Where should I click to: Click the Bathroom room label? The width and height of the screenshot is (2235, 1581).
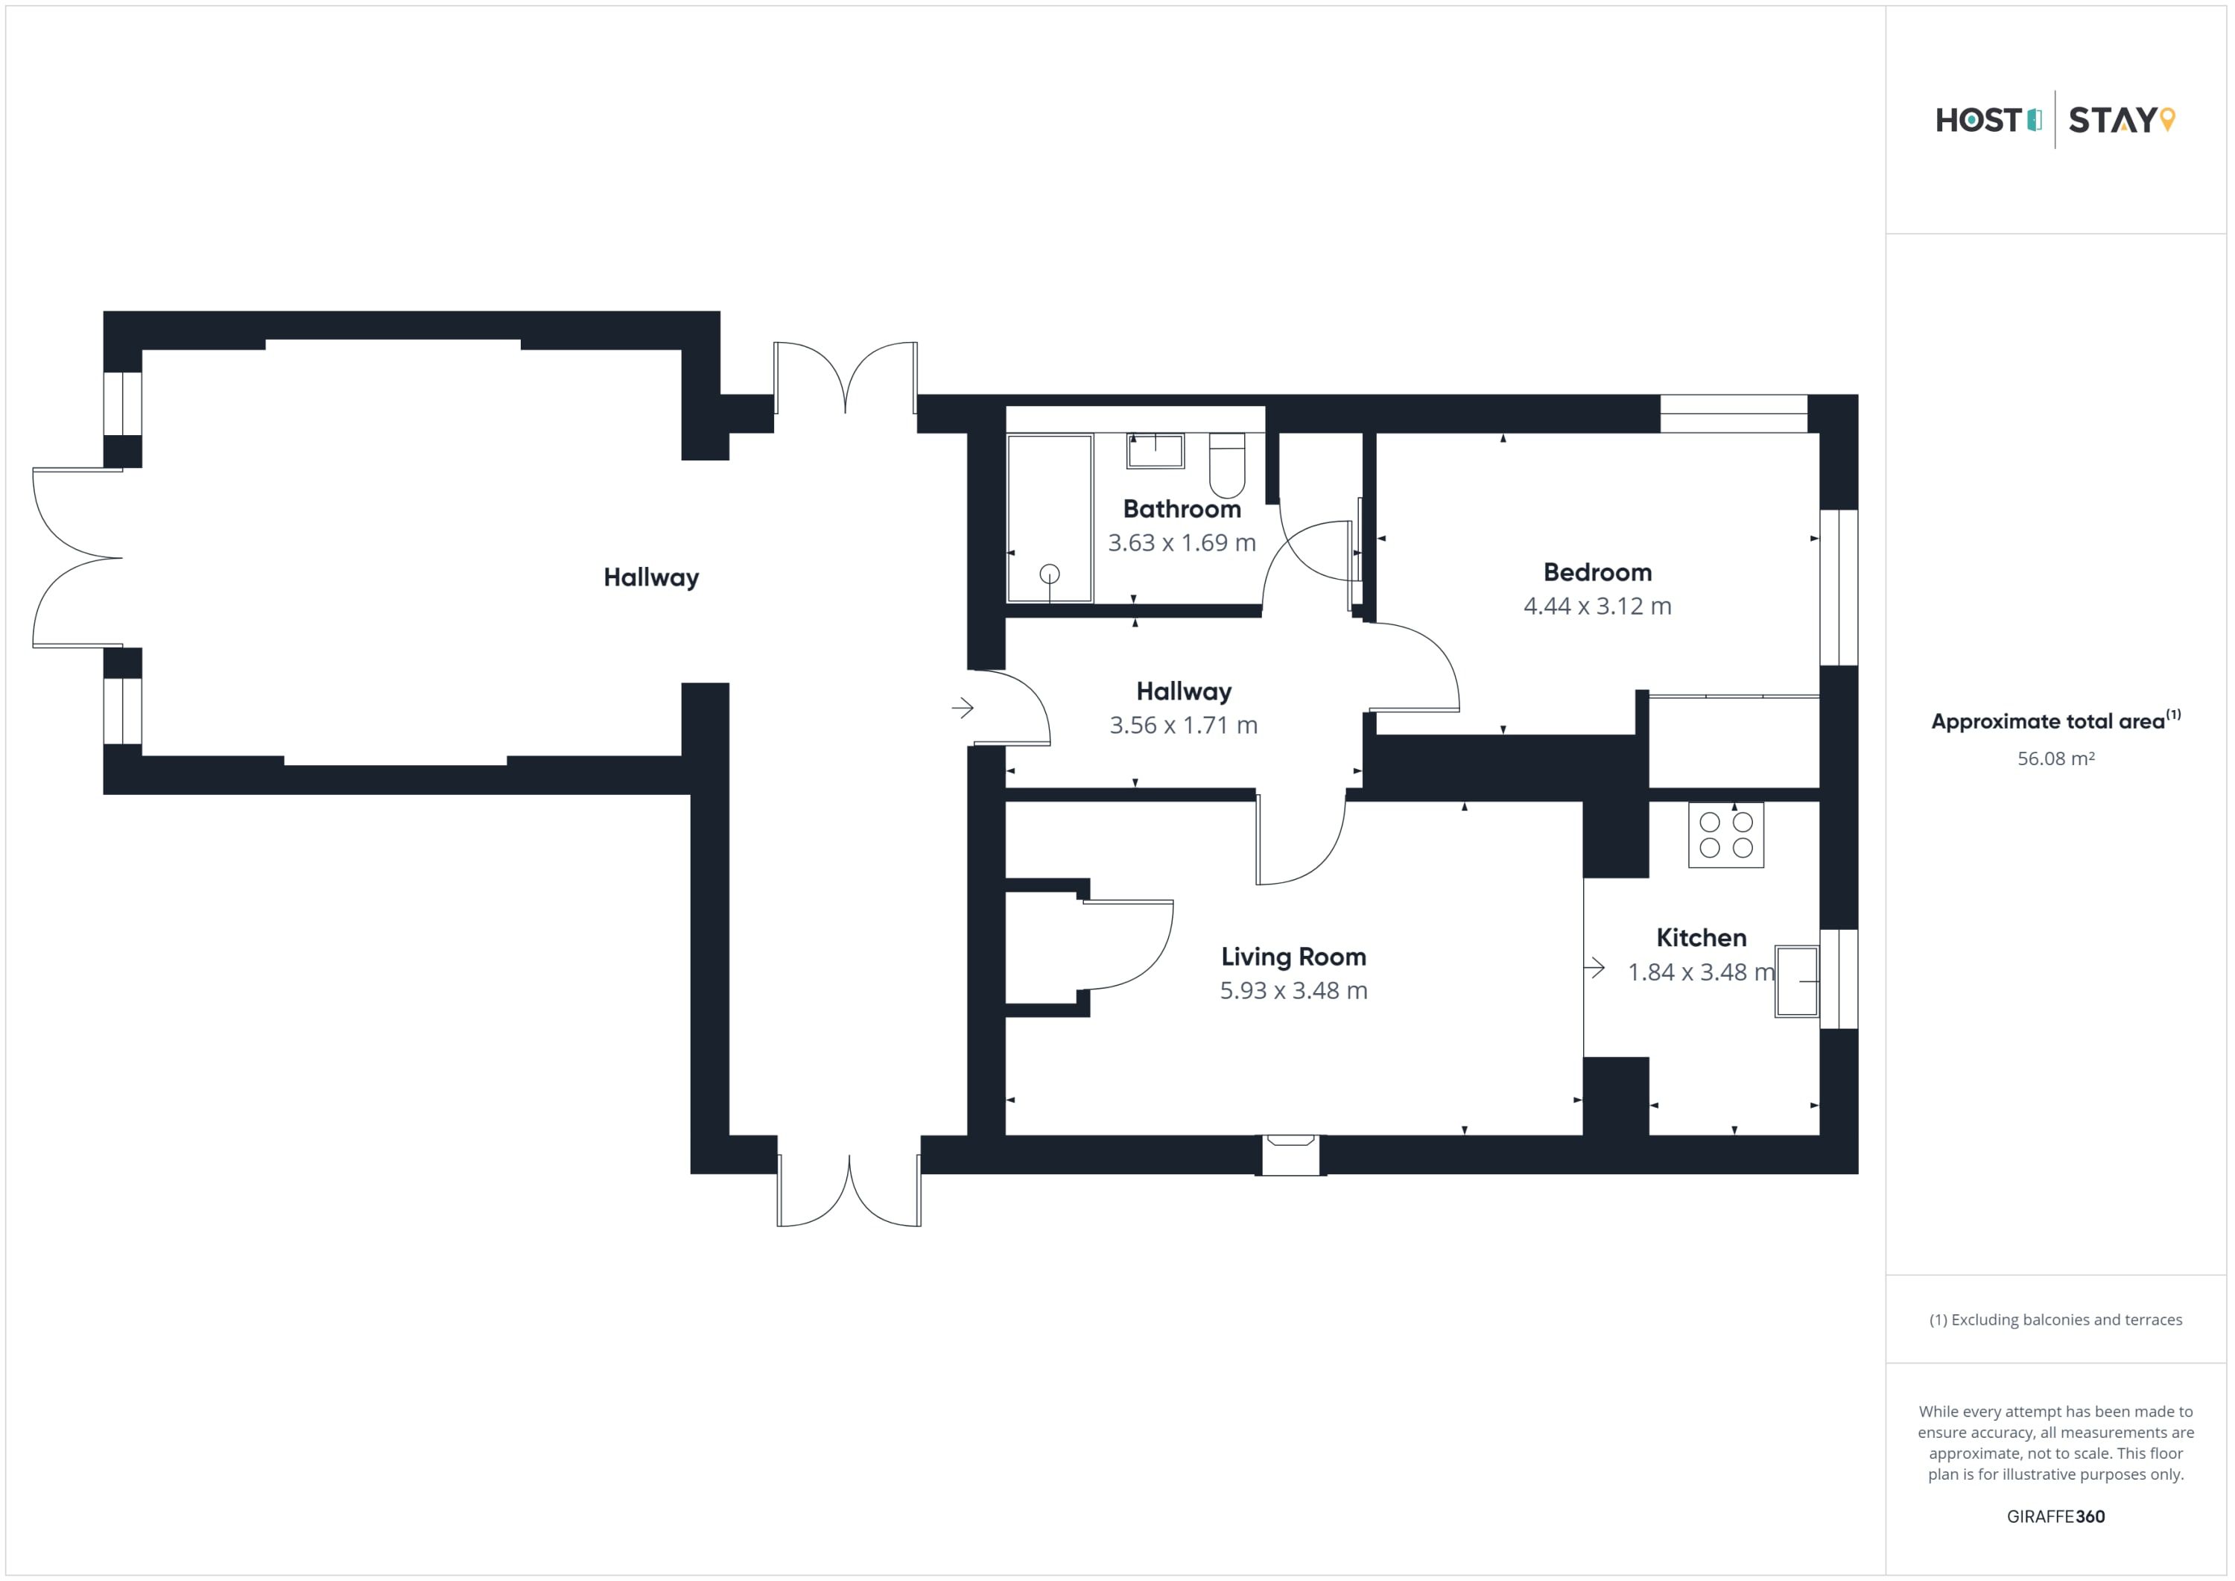(x=1182, y=509)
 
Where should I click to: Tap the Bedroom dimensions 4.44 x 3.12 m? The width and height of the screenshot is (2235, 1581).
(x=1597, y=606)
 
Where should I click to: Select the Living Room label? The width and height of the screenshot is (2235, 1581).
(x=1293, y=957)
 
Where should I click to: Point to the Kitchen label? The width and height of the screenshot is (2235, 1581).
(x=1702, y=937)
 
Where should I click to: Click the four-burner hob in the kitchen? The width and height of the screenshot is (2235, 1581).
(x=1726, y=835)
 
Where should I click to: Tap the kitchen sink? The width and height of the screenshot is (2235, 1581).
(x=1797, y=981)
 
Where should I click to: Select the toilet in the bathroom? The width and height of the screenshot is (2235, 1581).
(x=1226, y=466)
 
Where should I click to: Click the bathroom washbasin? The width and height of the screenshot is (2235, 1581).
(x=1155, y=451)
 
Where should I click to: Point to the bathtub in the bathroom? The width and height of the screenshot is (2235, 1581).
(x=1050, y=518)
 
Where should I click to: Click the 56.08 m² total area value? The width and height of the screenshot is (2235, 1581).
(x=2056, y=758)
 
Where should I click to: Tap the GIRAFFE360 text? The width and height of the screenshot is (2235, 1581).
(x=2056, y=1517)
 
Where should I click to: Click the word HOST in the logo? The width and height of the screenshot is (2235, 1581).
(x=1979, y=120)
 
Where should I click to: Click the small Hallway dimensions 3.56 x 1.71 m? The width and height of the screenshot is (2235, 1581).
(x=1184, y=725)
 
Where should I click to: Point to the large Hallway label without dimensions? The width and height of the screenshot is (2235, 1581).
(x=651, y=578)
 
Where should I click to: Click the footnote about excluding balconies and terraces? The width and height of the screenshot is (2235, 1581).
(x=2056, y=1320)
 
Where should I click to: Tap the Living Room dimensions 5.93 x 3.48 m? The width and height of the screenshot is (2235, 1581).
(x=1293, y=991)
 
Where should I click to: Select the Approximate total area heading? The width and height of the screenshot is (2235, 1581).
(x=2056, y=721)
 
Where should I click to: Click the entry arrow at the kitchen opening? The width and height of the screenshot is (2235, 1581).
(x=1594, y=968)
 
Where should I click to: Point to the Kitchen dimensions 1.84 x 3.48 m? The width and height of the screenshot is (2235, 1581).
(x=1702, y=972)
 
